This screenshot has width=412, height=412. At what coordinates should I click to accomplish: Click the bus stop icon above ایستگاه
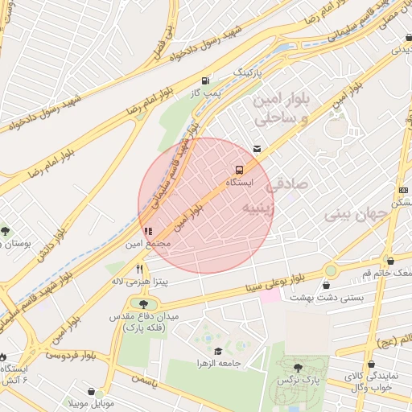tap(239, 170)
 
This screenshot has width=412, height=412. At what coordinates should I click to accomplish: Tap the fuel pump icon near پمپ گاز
tap(207, 80)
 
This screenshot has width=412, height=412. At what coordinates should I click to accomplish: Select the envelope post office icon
tap(257, 149)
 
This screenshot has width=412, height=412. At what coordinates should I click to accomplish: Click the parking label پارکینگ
tap(248, 72)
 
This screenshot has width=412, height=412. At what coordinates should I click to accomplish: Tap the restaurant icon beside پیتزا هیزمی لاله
tap(139, 269)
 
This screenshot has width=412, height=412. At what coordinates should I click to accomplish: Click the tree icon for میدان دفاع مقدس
tap(143, 304)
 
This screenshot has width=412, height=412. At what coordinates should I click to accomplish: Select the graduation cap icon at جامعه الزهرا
tap(218, 351)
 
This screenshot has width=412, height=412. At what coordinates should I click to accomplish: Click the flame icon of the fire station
tap(5, 356)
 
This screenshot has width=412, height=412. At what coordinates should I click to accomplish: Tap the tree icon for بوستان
tap(6, 231)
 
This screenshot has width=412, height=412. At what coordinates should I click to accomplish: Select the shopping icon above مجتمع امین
tap(147, 231)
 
